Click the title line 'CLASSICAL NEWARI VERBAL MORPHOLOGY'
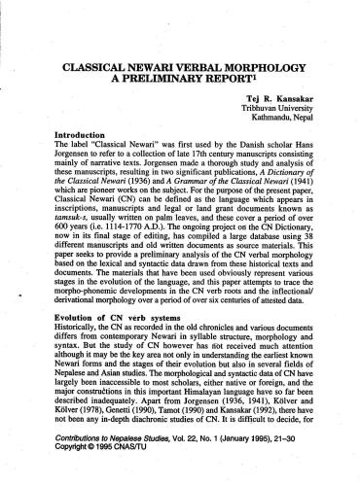pyautogui.click(x=179, y=71)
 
